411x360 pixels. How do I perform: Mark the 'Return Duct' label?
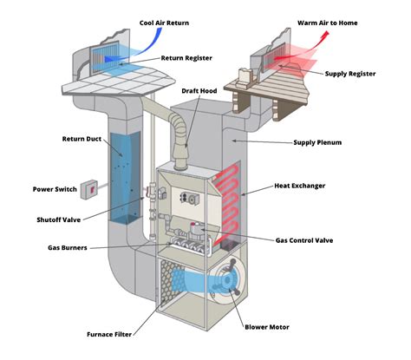[82, 139]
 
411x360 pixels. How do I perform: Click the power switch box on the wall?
[89, 188]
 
